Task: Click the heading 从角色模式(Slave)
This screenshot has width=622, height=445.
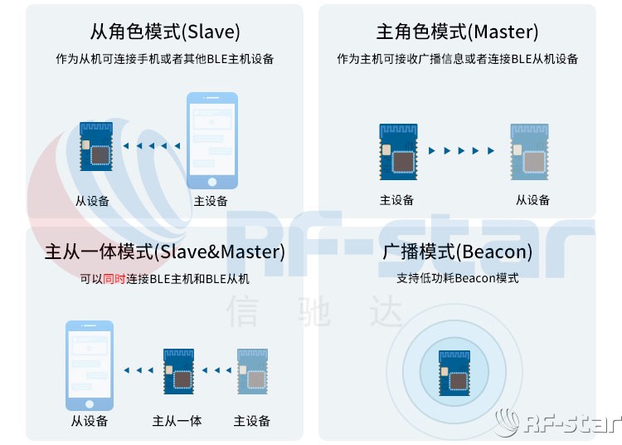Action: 165,32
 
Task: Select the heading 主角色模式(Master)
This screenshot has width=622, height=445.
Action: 457,32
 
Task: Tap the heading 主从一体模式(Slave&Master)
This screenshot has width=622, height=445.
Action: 164,252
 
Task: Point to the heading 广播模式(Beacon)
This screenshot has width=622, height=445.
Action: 457,252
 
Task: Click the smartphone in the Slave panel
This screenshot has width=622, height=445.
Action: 211,141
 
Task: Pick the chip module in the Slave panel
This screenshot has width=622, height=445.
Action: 96,147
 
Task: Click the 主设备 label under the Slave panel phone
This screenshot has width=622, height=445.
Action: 211,201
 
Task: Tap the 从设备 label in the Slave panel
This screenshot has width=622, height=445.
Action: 92,201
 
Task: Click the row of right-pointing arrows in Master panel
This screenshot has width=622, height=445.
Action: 461,151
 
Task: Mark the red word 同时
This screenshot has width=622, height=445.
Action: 114,279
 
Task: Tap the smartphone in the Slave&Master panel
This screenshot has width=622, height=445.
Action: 90,365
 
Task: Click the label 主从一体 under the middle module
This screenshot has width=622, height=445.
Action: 177,421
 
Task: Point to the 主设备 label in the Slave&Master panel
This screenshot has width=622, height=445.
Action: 251,421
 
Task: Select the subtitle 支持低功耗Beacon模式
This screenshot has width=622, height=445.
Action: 457,278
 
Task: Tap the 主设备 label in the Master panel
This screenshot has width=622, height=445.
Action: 396,200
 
